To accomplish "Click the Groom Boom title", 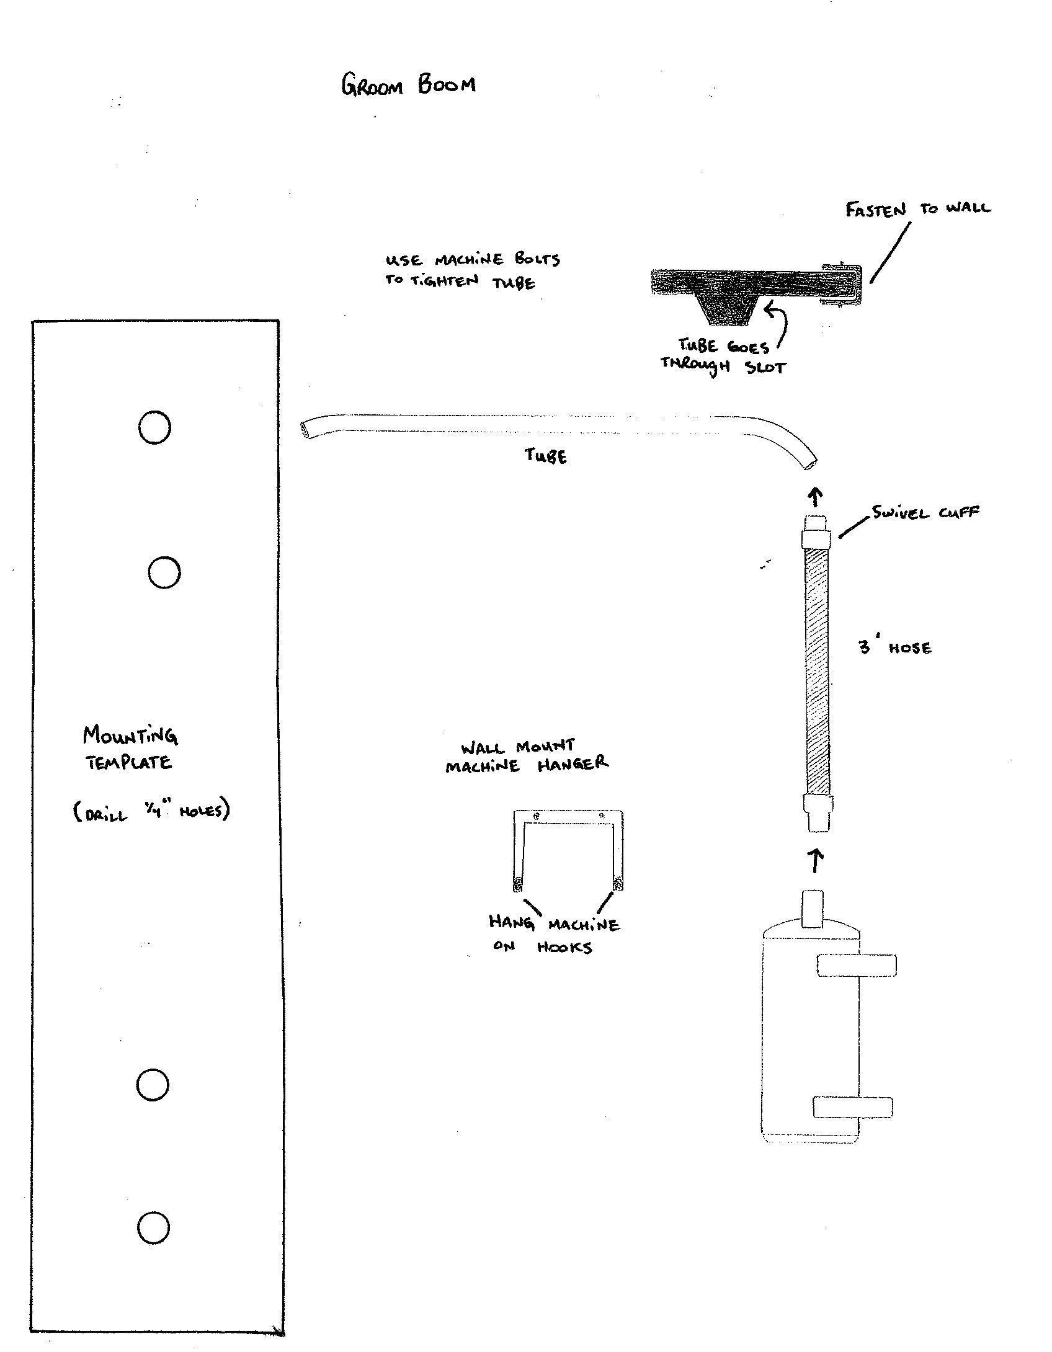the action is [409, 84].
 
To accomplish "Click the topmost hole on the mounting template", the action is [154, 427].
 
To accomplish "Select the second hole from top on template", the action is [164, 572].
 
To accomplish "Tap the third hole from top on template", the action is [152, 1084].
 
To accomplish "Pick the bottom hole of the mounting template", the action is [153, 1227].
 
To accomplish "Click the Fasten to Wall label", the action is [918, 209].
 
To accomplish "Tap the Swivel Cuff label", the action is [925, 513].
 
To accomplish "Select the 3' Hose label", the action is [895, 647].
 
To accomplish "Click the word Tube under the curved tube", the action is [546, 456].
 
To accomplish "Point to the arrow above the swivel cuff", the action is [816, 497].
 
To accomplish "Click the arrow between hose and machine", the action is [818, 861].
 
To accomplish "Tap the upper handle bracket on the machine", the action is [857, 966].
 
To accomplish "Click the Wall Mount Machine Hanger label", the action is [527, 756].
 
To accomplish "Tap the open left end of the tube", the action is [305, 430].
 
